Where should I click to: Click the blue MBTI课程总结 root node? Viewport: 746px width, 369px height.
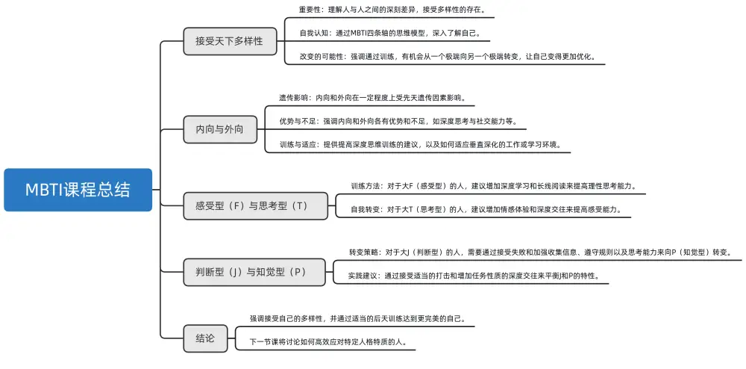click(x=78, y=190)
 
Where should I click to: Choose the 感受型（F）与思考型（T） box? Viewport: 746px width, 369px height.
click(x=256, y=205)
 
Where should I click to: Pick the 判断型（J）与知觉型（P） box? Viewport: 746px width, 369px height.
click(x=255, y=272)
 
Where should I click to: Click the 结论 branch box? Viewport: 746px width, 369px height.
click(x=205, y=338)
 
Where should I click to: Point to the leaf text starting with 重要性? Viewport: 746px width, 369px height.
click(x=391, y=10)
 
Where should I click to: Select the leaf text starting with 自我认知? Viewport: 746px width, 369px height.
click(x=389, y=34)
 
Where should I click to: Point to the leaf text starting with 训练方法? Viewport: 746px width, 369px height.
click(x=492, y=186)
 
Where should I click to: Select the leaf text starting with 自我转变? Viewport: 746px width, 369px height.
click(x=486, y=210)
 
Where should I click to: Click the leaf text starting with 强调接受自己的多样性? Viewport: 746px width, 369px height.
click(x=357, y=318)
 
